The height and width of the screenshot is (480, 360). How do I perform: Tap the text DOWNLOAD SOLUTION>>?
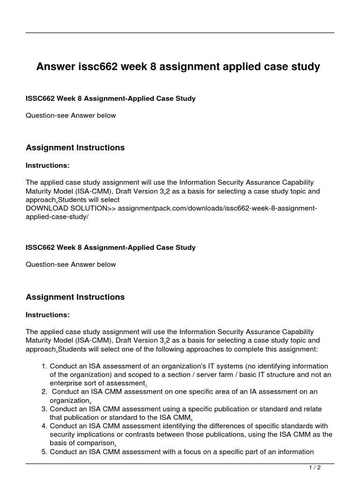coord(70,208)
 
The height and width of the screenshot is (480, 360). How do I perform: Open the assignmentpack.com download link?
coord(217,208)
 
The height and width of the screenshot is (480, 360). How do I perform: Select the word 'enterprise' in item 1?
coord(67,383)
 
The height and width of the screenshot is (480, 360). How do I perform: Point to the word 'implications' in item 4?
coord(96,435)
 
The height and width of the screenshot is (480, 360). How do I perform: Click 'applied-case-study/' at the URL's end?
coord(57,216)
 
